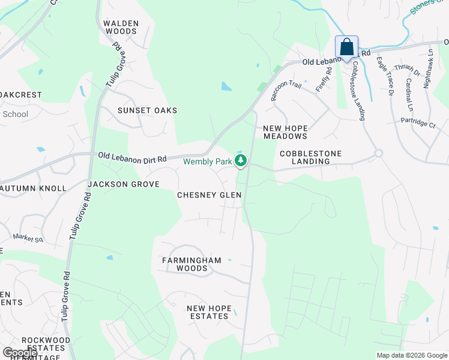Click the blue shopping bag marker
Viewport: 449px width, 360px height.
pyautogui.click(x=346, y=47)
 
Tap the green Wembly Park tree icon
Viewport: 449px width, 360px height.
pyautogui.click(x=241, y=160)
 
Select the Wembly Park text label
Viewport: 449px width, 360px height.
pyautogui.click(x=207, y=161)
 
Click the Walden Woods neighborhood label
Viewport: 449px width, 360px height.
pyautogui.click(x=121, y=28)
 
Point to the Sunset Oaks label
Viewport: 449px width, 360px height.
pyautogui.click(x=147, y=110)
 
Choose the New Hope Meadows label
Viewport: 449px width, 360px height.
pyautogui.click(x=285, y=133)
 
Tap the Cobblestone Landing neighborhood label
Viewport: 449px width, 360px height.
pyautogui.click(x=311, y=157)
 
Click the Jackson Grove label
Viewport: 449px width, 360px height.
pyautogui.click(x=124, y=184)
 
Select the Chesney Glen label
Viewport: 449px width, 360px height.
pyautogui.click(x=209, y=195)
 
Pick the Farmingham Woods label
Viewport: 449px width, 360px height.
pyautogui.click(x=191, y=264)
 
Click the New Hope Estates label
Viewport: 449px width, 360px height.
pyautogui.click(x=208, y=312)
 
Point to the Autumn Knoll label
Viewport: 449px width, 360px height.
pyautogui.click(x=33, y=188)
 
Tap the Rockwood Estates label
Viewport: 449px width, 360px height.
pyautogui.click(x=46, y=344)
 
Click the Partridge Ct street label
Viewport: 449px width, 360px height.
pyautogui.click(x=418, y=124)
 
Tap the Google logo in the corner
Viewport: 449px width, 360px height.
pyautogui.click(x=19, y=352)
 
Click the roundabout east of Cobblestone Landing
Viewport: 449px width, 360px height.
pyautogui.click(x=378, y=153)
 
